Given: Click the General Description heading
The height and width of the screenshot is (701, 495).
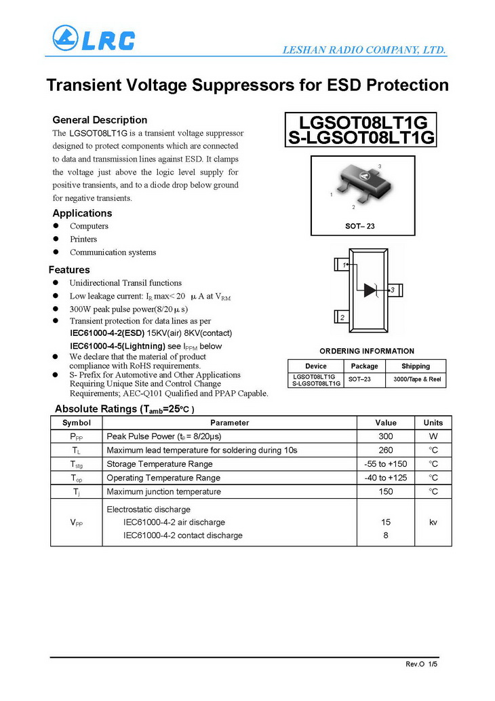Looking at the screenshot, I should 100,120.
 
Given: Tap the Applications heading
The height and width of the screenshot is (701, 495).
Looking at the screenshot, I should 82,213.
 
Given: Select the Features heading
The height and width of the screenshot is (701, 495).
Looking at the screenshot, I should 69,269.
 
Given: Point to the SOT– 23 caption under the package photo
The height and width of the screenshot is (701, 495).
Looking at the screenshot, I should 360,225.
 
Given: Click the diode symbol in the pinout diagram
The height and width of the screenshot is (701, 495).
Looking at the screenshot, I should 370,290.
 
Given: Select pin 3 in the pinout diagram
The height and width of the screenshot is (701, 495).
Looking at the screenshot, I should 393,290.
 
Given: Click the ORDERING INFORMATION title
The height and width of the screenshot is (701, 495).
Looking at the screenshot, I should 367,351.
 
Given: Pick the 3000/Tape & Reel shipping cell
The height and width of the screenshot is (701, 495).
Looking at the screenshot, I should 416,380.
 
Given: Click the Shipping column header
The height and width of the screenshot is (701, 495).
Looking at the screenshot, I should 416,366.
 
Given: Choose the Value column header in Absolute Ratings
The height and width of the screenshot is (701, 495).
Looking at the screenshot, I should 386,423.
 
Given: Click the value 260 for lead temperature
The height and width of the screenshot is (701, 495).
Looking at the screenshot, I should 386,450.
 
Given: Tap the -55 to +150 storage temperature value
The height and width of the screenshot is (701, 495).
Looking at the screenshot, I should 386,464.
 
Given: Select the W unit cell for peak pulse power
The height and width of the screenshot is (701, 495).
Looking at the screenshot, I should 433,436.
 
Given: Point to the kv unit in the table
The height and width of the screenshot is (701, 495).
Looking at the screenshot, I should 433,523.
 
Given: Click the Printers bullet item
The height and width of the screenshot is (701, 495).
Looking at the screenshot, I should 83,239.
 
